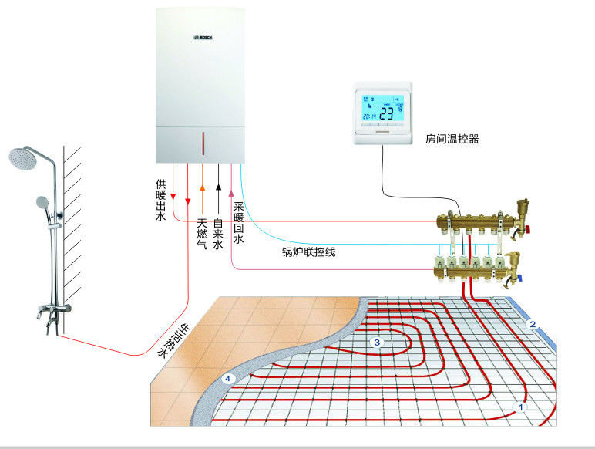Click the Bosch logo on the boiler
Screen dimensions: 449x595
(202, 36)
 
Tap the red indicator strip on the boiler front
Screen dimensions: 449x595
(203, 143)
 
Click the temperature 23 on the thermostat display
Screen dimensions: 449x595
(385, 113)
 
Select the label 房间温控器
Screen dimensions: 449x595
(452, 140)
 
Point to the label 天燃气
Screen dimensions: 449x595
(202, 233)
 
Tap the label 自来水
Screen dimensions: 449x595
(219, 233)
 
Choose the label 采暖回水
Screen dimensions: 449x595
(239, 224)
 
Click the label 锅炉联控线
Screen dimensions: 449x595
(308, 252)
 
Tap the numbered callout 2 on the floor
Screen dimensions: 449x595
(531, 325)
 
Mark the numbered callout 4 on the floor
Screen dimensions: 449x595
(227, 379)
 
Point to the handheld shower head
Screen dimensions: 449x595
(42, 202)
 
